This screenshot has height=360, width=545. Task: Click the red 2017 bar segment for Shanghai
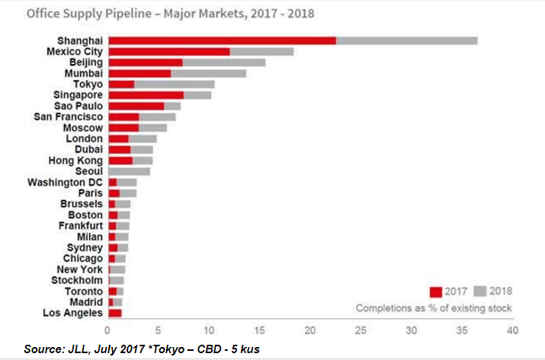coord(222,40)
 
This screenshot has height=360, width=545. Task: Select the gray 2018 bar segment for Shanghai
coord(406,40)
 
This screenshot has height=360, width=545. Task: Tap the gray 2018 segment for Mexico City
coord(261,51)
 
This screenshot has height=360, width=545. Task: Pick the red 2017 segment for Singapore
coord(146,95)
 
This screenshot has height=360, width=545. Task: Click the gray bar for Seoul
coord(130,172)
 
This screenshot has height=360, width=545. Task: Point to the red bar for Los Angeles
coord(115,313)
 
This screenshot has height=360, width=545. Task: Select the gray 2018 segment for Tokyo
coord(174,84)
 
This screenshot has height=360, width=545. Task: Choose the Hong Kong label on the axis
coord(77,160)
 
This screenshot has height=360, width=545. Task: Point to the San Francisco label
coord(69,117)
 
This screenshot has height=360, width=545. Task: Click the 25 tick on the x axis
coord(361,331)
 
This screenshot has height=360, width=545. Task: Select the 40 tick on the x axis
coord(512,331)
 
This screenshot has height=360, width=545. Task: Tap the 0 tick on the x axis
coord(107,331)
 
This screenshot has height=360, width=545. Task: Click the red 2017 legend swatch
coord(436,291)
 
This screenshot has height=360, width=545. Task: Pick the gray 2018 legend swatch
coord(479,291)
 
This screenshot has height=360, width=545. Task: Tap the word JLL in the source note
coord(78,349)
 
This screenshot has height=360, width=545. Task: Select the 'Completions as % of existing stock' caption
coord(434,308)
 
